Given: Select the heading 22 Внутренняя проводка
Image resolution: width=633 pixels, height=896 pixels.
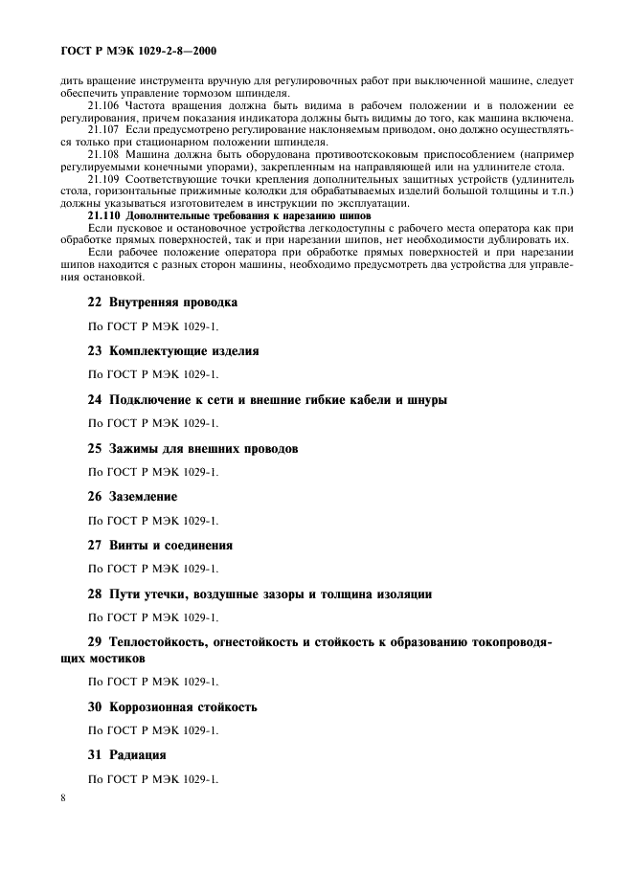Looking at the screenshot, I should tap(163, 302).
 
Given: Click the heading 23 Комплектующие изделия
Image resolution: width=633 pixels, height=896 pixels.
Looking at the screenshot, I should tap(173, 351).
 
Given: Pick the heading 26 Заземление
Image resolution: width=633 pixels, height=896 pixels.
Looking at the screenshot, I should tap(133, 497).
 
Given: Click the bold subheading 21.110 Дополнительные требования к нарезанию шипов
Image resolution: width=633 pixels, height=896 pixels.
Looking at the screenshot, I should tap(187, 215).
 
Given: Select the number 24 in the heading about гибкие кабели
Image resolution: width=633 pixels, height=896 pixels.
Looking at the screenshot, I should tap(95, 400).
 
